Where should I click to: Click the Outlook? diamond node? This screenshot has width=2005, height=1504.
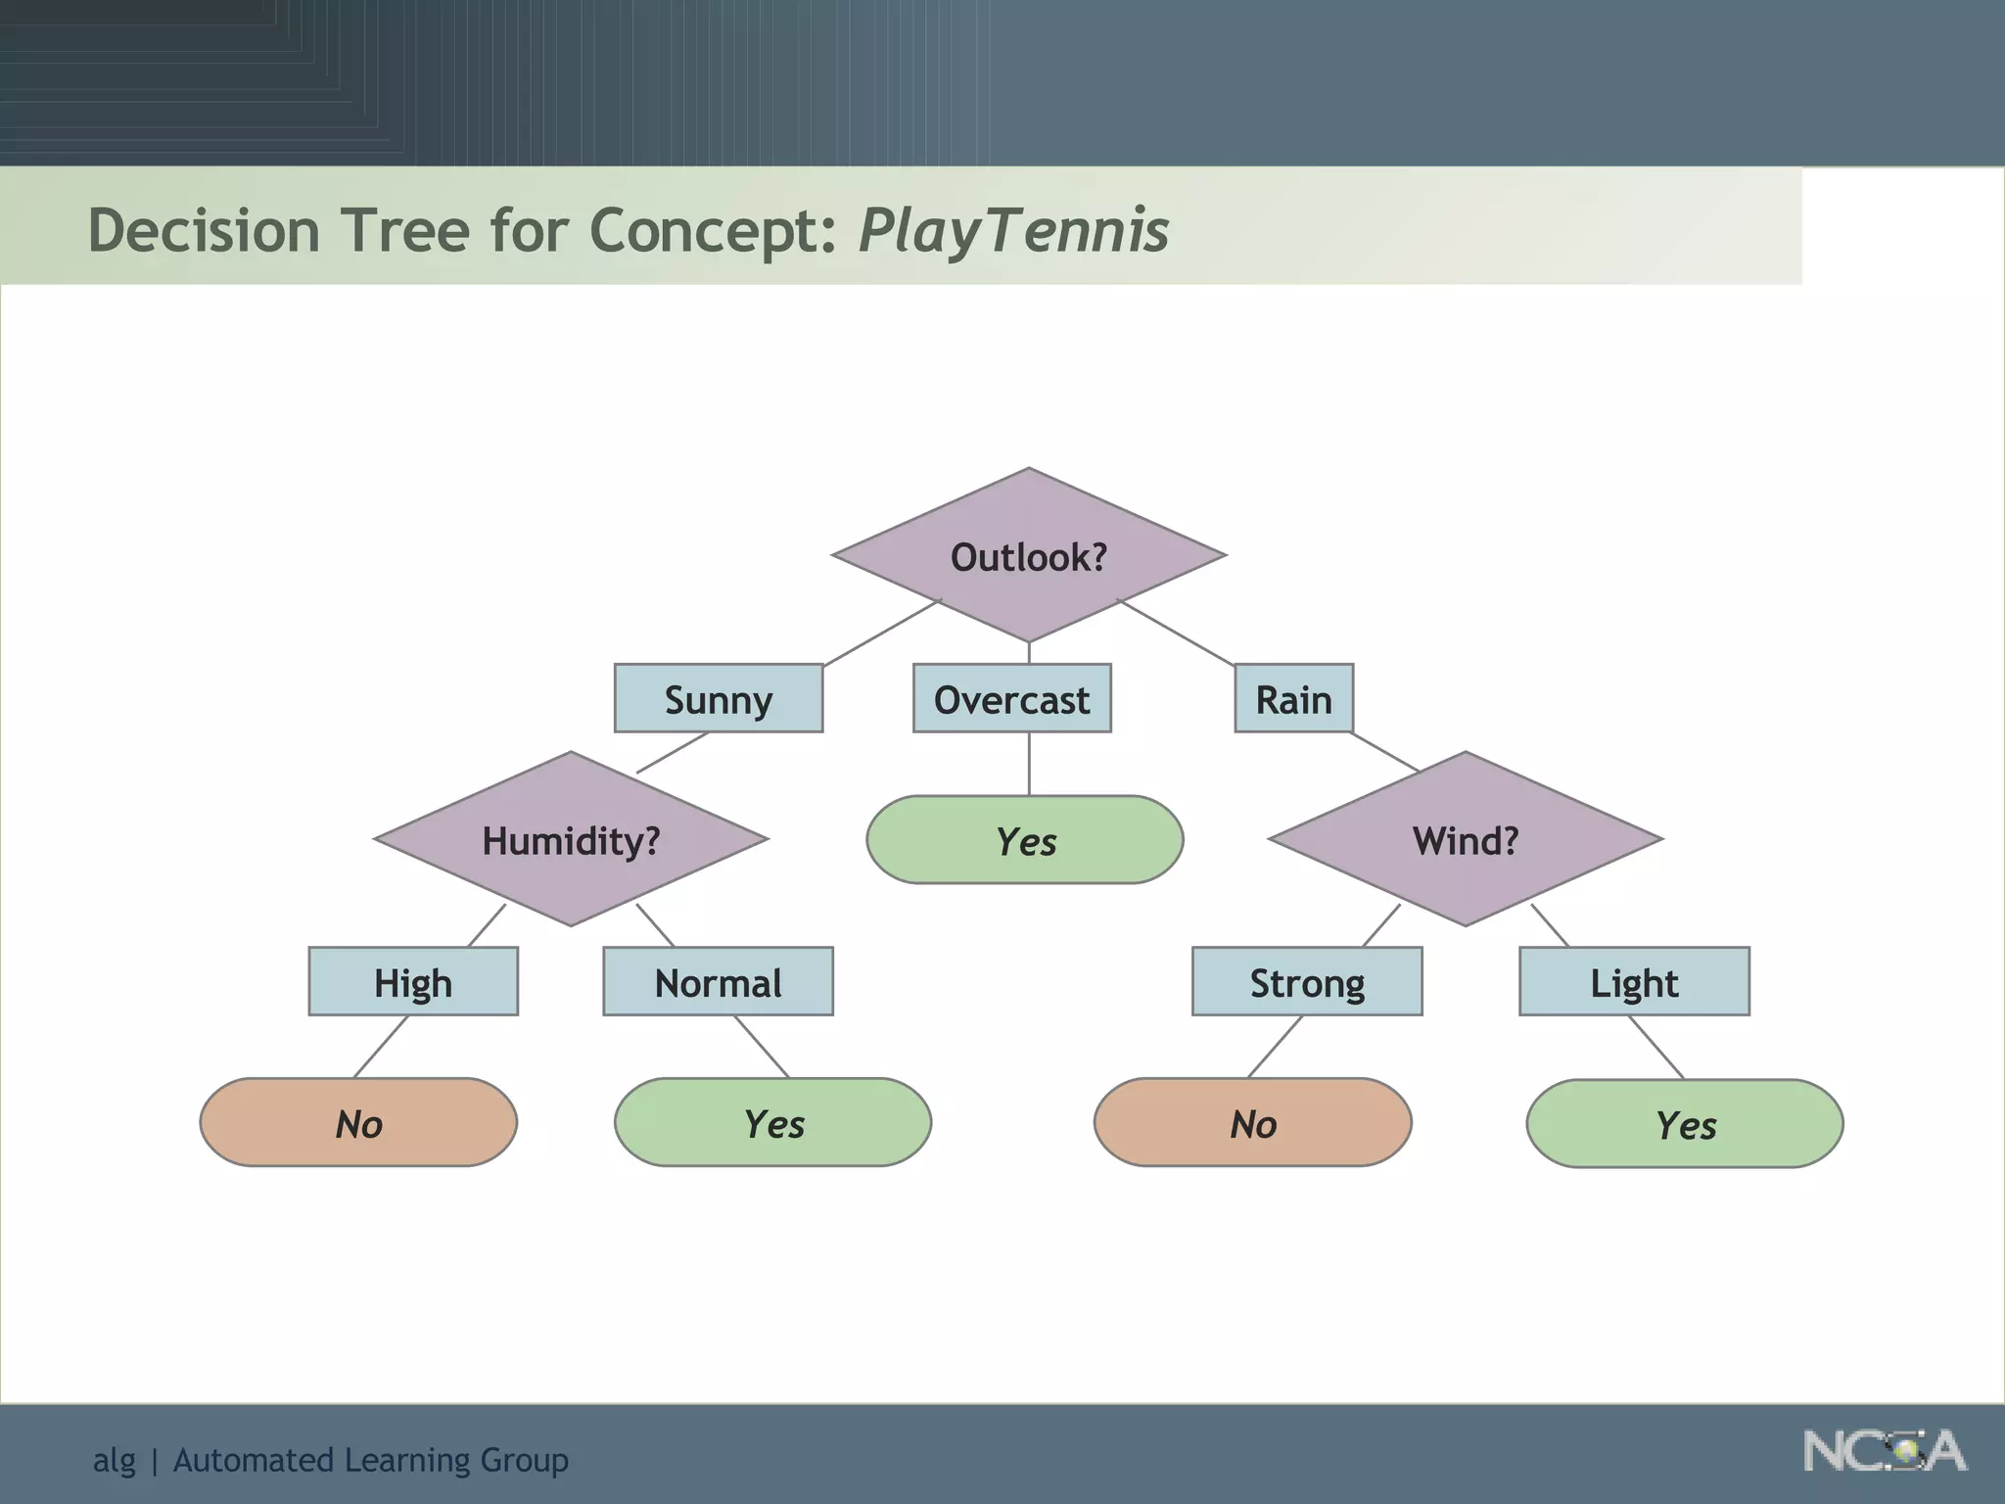(x=1028, y=555)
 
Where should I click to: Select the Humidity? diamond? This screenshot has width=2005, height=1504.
(x=571, y=839)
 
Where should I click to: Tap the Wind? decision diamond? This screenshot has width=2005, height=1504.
(x=1465, y=839)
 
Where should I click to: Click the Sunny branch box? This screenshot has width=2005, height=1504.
(x=719, y=698)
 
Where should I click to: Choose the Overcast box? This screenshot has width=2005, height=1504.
(x=1011, y=698)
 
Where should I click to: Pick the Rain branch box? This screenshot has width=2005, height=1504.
(x=1293, y=698)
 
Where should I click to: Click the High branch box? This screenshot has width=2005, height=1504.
(x=413, y=981)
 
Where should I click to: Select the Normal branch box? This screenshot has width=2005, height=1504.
(x=718, y=981)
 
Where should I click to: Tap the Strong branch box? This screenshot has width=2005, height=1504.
(x=1307, y=981)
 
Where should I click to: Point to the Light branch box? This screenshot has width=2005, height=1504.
(x=1634, y=981)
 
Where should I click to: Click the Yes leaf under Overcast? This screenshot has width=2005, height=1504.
(x=1025, y=840)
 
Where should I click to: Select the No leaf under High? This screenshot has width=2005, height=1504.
(x=358, y=1122)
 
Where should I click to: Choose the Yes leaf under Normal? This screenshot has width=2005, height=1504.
(x=772, y=1122)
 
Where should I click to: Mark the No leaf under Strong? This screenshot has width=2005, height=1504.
(x=1252, y=1122)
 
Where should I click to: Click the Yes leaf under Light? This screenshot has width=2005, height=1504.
(x=1685, y=1123)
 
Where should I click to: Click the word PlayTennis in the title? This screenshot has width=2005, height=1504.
(x=1013, y=230)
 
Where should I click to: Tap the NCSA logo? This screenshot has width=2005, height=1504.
(x=1884, y=1451)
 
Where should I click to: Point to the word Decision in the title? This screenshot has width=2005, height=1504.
(x=204, y=230)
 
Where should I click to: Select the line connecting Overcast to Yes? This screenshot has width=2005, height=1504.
(x=1029, y=764)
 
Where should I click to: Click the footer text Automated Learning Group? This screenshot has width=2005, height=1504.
(x=370, y=1460)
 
